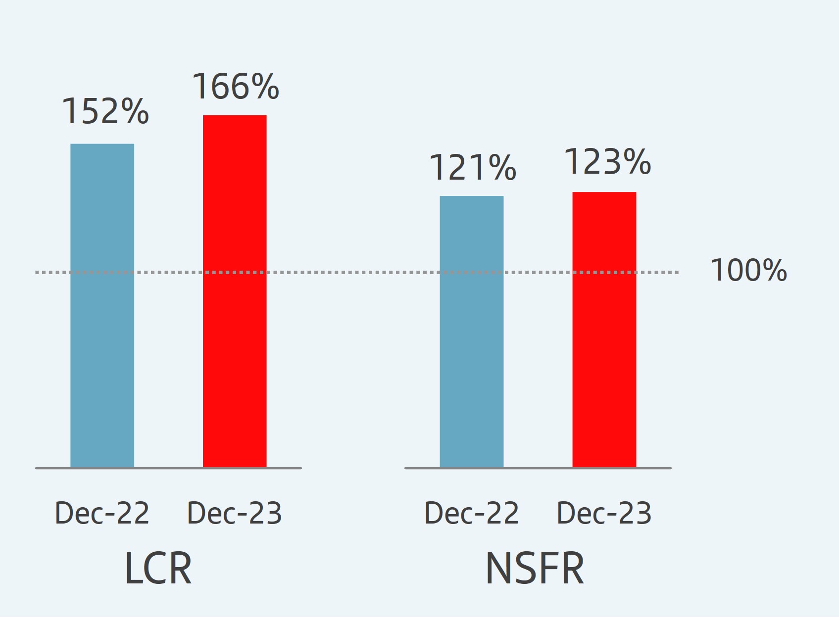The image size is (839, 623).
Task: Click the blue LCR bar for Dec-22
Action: click(x=102, y=307)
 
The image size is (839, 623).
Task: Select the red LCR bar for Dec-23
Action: click(x=235, y=292)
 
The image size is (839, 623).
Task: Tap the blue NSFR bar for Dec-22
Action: click(x=471, y=332)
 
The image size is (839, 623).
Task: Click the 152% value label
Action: click(x=105, y=111)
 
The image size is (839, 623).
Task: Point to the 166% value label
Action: click(x=236, y=86)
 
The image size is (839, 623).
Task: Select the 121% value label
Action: click(x=473, y=167)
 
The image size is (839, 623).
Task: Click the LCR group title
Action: click(x=158, y=569)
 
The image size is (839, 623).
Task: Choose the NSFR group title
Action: click(x=535, y=569)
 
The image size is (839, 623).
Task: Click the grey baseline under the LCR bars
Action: click(x=168, y=468)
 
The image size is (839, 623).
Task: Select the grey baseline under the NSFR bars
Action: click(x=538, y=468)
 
